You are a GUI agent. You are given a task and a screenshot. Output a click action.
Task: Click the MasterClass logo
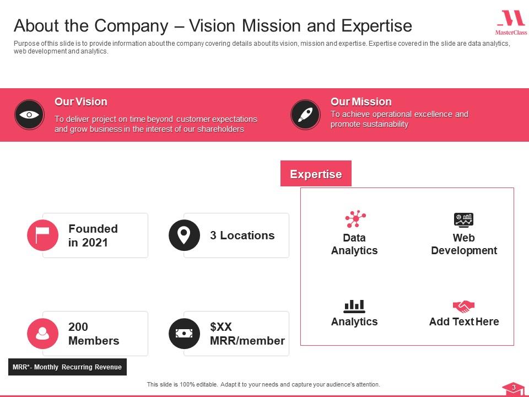(x=511, y=23)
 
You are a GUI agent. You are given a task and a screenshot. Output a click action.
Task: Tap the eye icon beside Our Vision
(x=29, y=115)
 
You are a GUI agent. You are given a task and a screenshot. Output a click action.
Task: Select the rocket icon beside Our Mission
(x=305, y=115)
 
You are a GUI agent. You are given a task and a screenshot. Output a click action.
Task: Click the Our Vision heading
(x=81, y=101)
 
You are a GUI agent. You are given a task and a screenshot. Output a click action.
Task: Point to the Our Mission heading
(x=361, y=101)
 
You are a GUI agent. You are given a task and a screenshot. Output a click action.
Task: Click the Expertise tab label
(x=316, y=174)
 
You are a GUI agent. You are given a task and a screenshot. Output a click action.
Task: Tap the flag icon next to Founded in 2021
(x=42, y=235)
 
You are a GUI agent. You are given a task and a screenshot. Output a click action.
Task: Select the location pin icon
(x=184, y=235)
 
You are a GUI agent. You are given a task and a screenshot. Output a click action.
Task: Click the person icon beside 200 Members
(x=42, y=334)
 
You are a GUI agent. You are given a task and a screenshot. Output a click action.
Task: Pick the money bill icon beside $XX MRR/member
(x=184, y=334)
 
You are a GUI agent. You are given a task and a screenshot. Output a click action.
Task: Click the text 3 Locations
(x=242, y=235)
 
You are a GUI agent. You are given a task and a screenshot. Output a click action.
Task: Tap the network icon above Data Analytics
(x=355, y=219)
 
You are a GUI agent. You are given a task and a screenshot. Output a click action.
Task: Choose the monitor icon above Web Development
(x=464, y=219)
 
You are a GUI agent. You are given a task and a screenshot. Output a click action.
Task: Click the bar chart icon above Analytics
(x=354, y=305)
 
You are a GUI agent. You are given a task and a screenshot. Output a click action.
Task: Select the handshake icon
(x=464, y=306)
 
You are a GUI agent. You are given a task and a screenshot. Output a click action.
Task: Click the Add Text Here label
(x=464, y=321)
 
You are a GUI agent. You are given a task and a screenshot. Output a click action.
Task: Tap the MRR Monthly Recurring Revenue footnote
(x=67, y=367)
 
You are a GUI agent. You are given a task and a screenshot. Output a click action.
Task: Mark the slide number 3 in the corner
(x=514, y=388)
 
